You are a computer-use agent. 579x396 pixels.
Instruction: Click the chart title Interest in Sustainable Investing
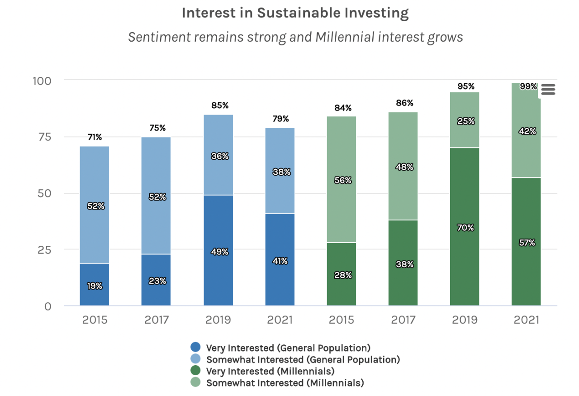tap(295, 13)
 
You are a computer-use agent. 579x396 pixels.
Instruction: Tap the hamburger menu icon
tap(548, 90)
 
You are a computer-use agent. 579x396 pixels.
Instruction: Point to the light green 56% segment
tap(342, 180)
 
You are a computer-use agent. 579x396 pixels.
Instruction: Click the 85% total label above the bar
tap(220, 105)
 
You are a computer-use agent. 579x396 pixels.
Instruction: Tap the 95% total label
tap(465, 86)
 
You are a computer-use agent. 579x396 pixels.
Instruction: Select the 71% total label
tap(95, 137)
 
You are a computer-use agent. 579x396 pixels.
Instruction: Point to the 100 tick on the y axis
tap(42, 81)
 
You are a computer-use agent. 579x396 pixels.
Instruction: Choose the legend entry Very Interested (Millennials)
tap(270, 372)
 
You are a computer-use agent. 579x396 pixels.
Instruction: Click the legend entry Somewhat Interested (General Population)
tap(303, 360)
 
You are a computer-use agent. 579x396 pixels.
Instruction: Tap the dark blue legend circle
tap(195, 348)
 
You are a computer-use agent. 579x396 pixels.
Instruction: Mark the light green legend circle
tap(195, 382)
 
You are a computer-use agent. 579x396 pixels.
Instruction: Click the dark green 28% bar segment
tap(342, 274)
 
